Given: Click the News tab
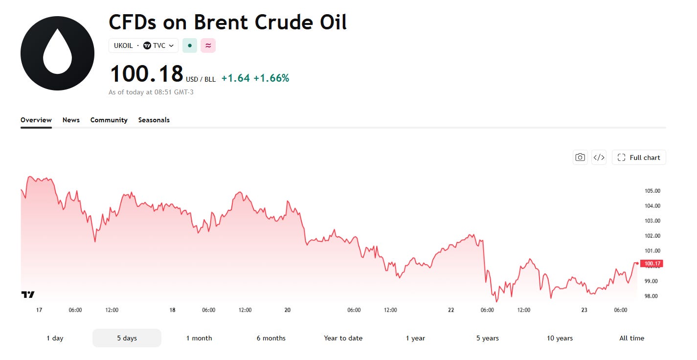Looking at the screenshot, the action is pos(71,120).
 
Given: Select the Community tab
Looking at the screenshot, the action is pos(109,120).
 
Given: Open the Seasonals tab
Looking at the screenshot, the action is pos(154,120).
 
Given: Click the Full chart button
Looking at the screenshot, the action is pos(639,157).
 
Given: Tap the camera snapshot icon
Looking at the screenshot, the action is pos(580,157).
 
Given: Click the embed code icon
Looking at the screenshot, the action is pos(599,157).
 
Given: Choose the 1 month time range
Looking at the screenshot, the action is pos(199,338).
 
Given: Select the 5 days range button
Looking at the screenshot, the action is pos(127,338).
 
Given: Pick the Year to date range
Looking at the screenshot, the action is pos(343,338).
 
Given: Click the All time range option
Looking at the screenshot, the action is pos(631,338).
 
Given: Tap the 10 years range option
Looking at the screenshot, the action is pos(560,338).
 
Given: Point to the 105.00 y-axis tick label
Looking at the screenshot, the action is pos(652,191).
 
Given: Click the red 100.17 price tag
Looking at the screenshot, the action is pos(652,264).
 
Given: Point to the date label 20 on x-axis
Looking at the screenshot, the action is pos(288,310).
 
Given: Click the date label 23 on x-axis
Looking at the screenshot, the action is pos(584,310).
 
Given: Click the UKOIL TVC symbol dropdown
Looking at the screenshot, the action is pos(143,46).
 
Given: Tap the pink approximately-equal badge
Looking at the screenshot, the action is pos(208,46).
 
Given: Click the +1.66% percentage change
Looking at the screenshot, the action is pos(271,78).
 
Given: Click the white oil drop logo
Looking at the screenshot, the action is pos(58,53).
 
